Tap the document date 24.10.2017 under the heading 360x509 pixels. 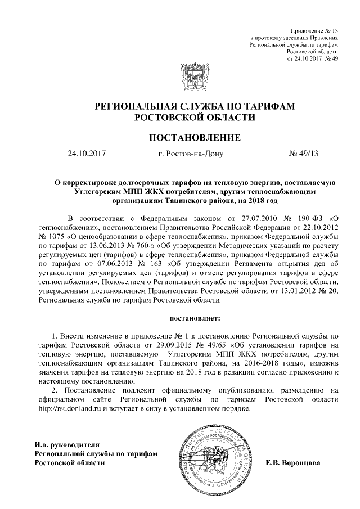[x=87, y=152]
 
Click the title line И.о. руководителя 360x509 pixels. [x=67, y=444]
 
